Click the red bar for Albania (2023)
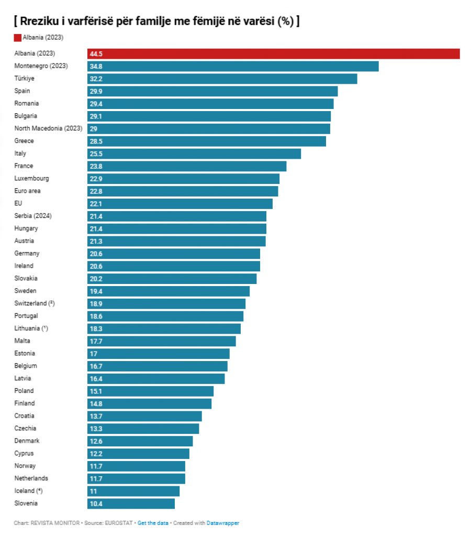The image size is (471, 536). pos(273,53)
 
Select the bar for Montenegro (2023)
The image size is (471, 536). pos(233,67)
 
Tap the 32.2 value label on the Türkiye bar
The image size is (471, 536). pos(96,79)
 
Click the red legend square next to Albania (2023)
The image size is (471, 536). pos(17,38)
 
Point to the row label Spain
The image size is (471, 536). pos(22,91)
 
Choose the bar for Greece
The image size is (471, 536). pos(207,141)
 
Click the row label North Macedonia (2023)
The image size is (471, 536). pos(48,128)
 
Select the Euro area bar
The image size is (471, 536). pos(183,191)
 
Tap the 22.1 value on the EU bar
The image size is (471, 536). pos(96,204)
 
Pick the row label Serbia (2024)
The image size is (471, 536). pos(33,216)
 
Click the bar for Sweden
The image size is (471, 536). pos(169,291)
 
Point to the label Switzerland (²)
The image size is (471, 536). pos(35,303)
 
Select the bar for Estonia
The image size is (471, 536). pos(159,354)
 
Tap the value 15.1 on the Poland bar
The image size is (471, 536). pos(96,391)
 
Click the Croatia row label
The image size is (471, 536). pos(24,416)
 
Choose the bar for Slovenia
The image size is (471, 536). pos(131,504)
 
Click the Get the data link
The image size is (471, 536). pos(153,523)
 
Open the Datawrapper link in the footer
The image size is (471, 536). pos(223,523)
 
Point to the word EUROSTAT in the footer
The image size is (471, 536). pos(118,523)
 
